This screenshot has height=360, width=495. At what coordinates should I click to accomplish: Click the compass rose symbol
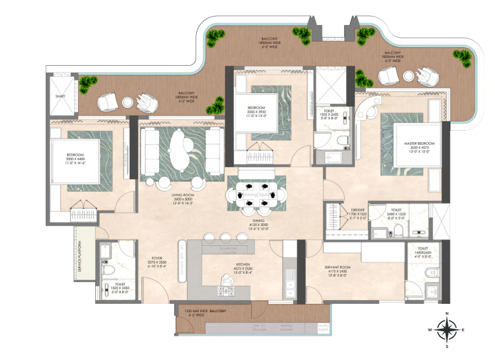[x=448, y=329]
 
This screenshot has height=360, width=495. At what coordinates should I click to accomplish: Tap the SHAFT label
[x=61, y=96]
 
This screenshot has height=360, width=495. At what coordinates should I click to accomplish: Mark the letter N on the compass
[x=448, y=313]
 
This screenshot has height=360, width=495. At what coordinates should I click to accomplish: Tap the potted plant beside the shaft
[x=86, y=82]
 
